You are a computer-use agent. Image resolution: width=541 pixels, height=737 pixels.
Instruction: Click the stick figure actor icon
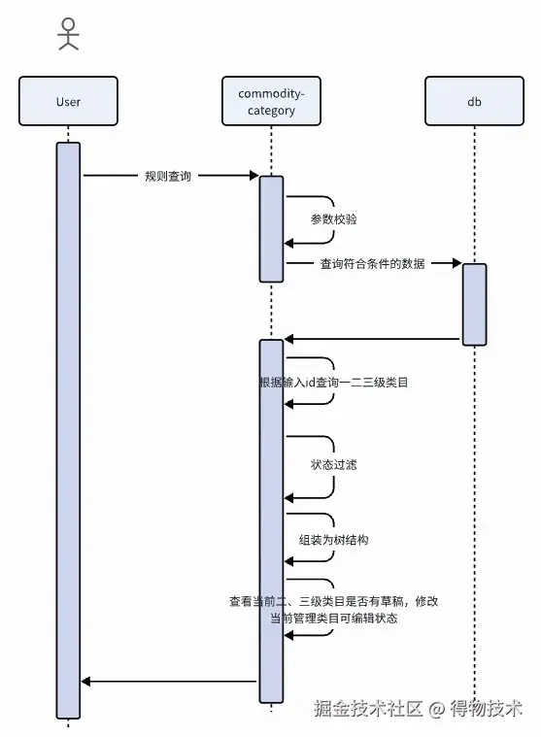click(68, 34)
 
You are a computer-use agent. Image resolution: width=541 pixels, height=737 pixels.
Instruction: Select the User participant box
click(68, 101)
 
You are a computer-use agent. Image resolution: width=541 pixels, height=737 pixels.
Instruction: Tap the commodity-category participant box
click(271, 101)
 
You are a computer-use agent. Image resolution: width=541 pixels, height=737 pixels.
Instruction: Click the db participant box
click(474, 101)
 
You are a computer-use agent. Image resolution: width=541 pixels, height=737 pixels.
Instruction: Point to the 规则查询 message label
click(168, 177)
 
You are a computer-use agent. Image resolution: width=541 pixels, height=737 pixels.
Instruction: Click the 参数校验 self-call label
click(334, 219)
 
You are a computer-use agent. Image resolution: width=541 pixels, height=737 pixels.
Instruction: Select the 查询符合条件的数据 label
click(372, 264)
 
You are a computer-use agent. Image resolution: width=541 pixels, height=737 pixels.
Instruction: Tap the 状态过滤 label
click(334, 465)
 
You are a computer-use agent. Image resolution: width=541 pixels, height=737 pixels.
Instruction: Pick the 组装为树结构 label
click(334, 540)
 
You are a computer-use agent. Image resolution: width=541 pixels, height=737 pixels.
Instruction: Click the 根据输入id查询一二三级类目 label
click(334, 383)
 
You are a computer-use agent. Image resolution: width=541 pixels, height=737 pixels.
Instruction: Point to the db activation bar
click(474, 305)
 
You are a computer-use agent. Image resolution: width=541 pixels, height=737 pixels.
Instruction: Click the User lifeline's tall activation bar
click(68, 430)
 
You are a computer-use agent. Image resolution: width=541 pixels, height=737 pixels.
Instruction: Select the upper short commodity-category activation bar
click(271, 229)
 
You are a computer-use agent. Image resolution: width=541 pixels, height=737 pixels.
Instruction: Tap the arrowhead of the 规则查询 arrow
click(254, 176)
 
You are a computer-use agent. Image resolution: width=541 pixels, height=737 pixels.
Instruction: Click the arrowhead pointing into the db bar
click(457, 263)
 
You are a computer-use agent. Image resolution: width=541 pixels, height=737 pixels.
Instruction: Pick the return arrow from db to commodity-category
click(372, 339)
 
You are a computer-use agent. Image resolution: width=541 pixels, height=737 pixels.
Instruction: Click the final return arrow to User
click(169, 681)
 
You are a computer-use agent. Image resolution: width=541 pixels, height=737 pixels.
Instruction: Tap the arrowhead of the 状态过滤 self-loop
click(288, 498)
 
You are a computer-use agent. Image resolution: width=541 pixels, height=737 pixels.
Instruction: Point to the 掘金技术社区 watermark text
click(368, 708)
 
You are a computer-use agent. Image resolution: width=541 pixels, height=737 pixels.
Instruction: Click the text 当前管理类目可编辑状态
click(334, 619)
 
